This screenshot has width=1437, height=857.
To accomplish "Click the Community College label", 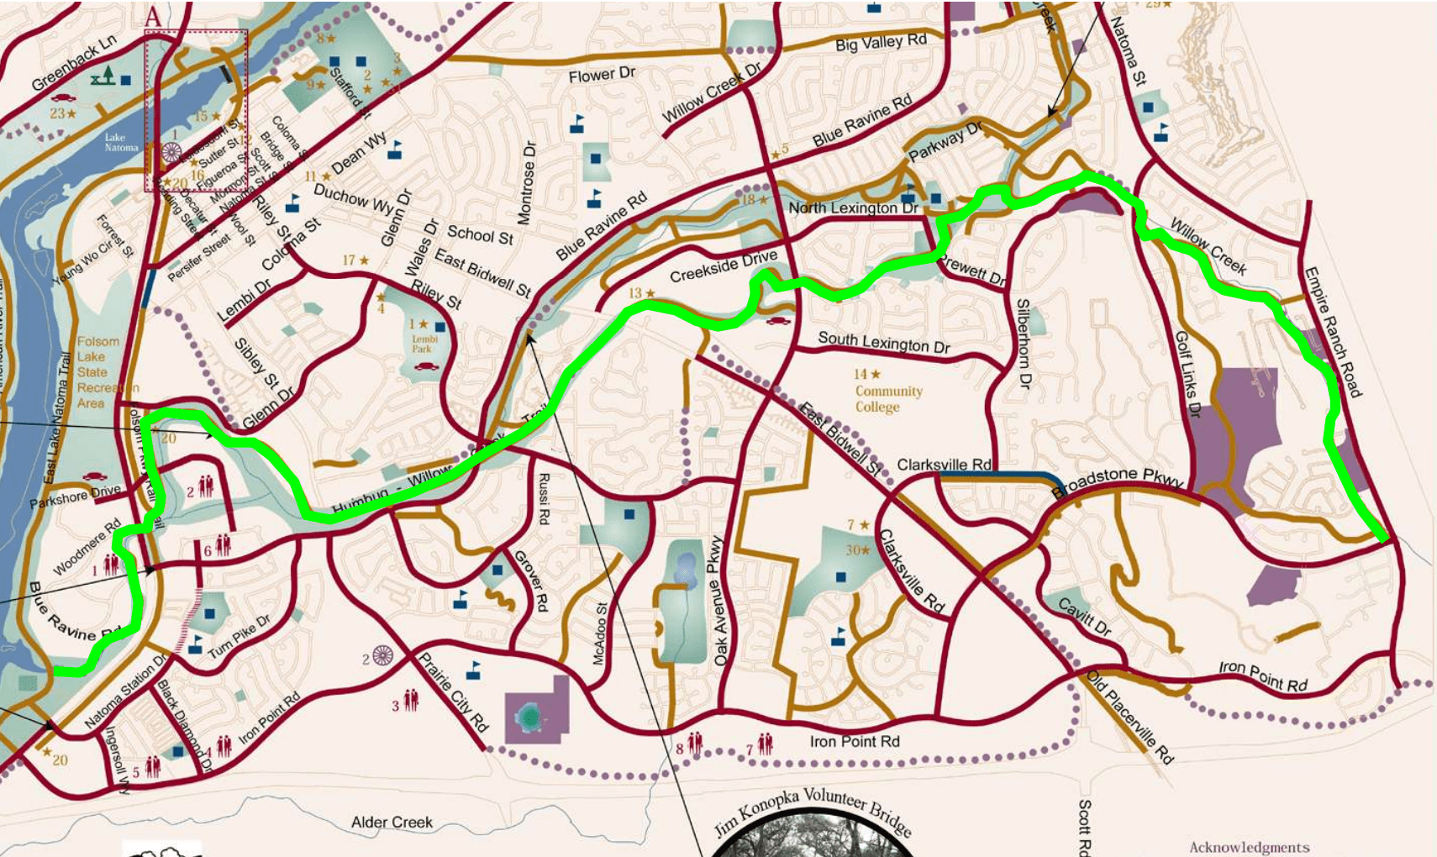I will tap(888, 399).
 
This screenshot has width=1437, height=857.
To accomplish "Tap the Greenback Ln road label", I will tap(74, 66).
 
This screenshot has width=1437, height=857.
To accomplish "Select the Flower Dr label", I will tap(602, 76).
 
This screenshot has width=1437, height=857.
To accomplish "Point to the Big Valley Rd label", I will tap(881, 43).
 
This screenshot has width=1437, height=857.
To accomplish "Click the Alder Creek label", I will tap(392, 822).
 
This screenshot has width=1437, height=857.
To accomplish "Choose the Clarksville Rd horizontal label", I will tap(944, 465).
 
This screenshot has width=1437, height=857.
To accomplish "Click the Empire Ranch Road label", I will tap(1332, 332).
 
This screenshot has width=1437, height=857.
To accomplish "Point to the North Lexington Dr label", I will tap(853, 208).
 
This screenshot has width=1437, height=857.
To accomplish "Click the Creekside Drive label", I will tap(724, 266).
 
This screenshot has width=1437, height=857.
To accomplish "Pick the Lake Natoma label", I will tap(121, 142).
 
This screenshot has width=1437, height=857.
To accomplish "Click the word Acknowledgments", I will tap(1249, 847).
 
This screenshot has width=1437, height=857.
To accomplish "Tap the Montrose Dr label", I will tap(526, 182).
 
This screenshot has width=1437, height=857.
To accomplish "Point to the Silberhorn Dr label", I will tap(1023, 343).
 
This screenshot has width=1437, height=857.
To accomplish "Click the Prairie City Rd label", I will tap(453, 692).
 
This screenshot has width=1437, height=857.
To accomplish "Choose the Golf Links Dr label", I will tap(1188, 375).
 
